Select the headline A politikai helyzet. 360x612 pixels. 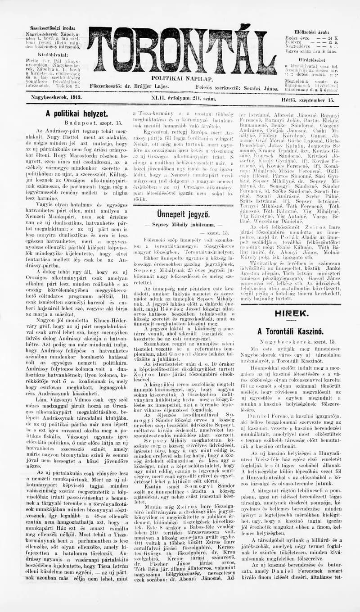point(76,114)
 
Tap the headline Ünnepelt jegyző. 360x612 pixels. point(183,214)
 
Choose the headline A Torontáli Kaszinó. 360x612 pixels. point(290,331)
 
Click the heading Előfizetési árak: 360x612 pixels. point(311,32)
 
